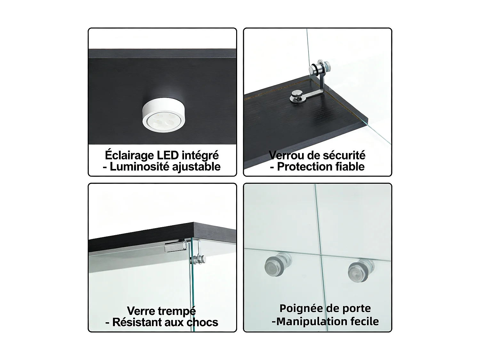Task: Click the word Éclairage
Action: point(129,155)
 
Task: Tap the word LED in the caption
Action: point(168,155)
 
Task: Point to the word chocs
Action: point(203,322)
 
